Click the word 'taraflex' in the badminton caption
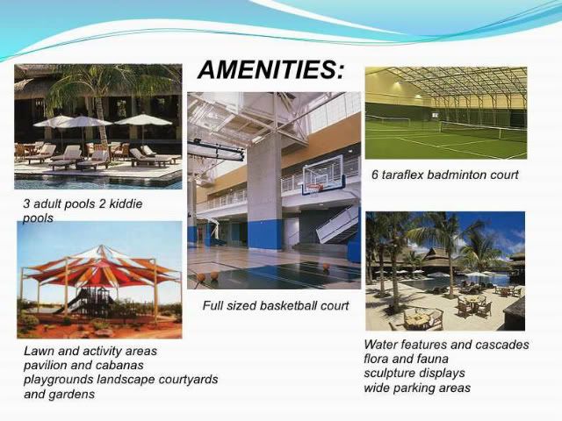pyautogui.click(x=403, y=175)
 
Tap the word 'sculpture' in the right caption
pyautogui.click(x=388, y=374)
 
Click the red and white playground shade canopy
pyautogui.click(x=100, y=267)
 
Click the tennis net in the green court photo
pyautogui.click(x=482, y=131)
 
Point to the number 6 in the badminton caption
pyautogui.click(x=375, y=175)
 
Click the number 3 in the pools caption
pyautogui.click(x=26, y=204)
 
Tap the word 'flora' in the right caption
pyautogui.click(x=376, y=359)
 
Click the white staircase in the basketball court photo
pyautogui.click(x=337, y=224)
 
